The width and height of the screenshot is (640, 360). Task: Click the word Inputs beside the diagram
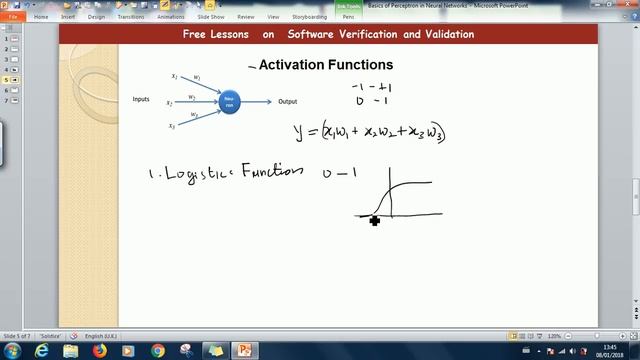[x=141, y=99]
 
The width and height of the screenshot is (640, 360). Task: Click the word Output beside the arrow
[x=288, y=101]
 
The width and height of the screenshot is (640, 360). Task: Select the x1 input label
[x=174, y=76]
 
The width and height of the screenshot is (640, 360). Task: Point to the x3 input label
[x=172, y=126]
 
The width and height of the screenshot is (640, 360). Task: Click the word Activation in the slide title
[x=291, y=66]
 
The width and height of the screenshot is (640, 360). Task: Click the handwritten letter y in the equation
[x=298, y=131]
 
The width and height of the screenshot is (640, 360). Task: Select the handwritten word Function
[x=270, y=170]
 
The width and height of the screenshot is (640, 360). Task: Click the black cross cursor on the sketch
[x=374, y=220]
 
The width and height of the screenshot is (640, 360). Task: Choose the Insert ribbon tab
[x=67, y=17]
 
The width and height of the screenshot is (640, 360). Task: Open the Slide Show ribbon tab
[x=210, y=17]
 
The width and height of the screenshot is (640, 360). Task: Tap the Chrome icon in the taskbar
[x=158, y=351]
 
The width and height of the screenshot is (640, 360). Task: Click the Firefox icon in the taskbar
[x=99, y=351]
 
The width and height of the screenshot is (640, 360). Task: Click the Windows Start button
[x=11, y=351]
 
